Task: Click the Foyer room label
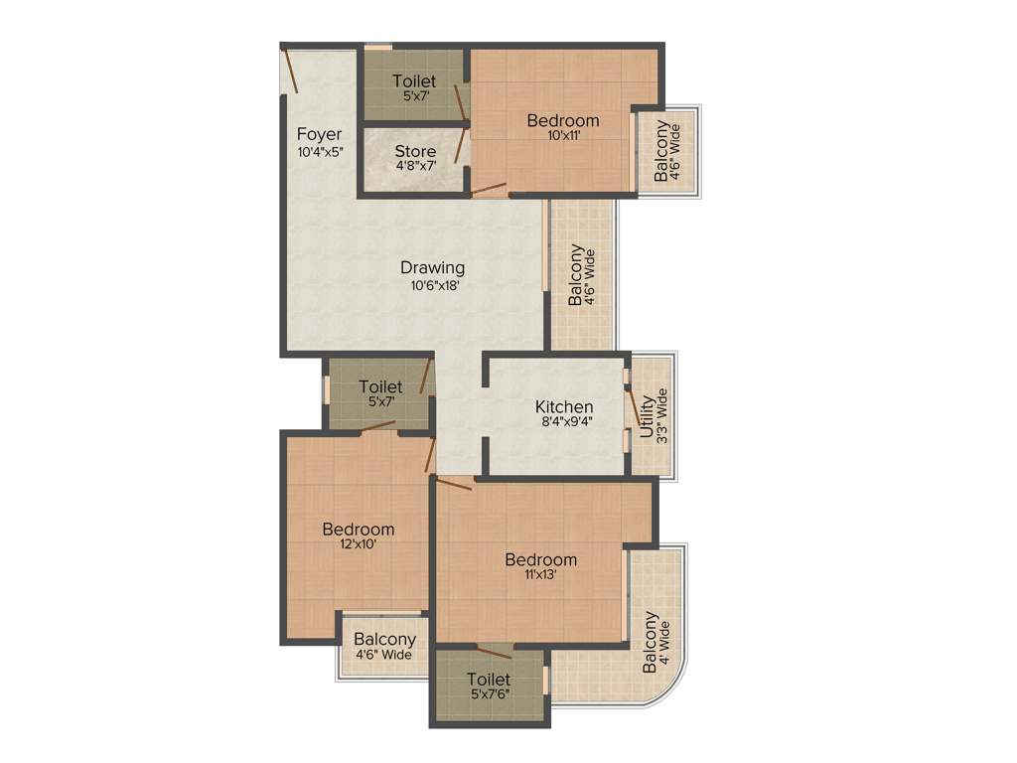tap(319, 134)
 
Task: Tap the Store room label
tap(415, 152)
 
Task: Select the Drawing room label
tap(432, 267)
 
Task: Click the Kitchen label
tap(564, 406)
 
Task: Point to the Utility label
tap(648, 417)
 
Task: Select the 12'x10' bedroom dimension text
tap(357, 544)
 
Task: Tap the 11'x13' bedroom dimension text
tap(540, 575)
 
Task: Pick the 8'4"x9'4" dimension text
tap(564, 422)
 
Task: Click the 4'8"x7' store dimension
tap(415, 168)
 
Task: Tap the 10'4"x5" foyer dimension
tap(319, 152)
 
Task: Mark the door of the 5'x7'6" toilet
tap(493, 652)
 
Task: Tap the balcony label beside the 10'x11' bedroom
tap(661, 151)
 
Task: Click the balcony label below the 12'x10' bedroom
tap(384, 640)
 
